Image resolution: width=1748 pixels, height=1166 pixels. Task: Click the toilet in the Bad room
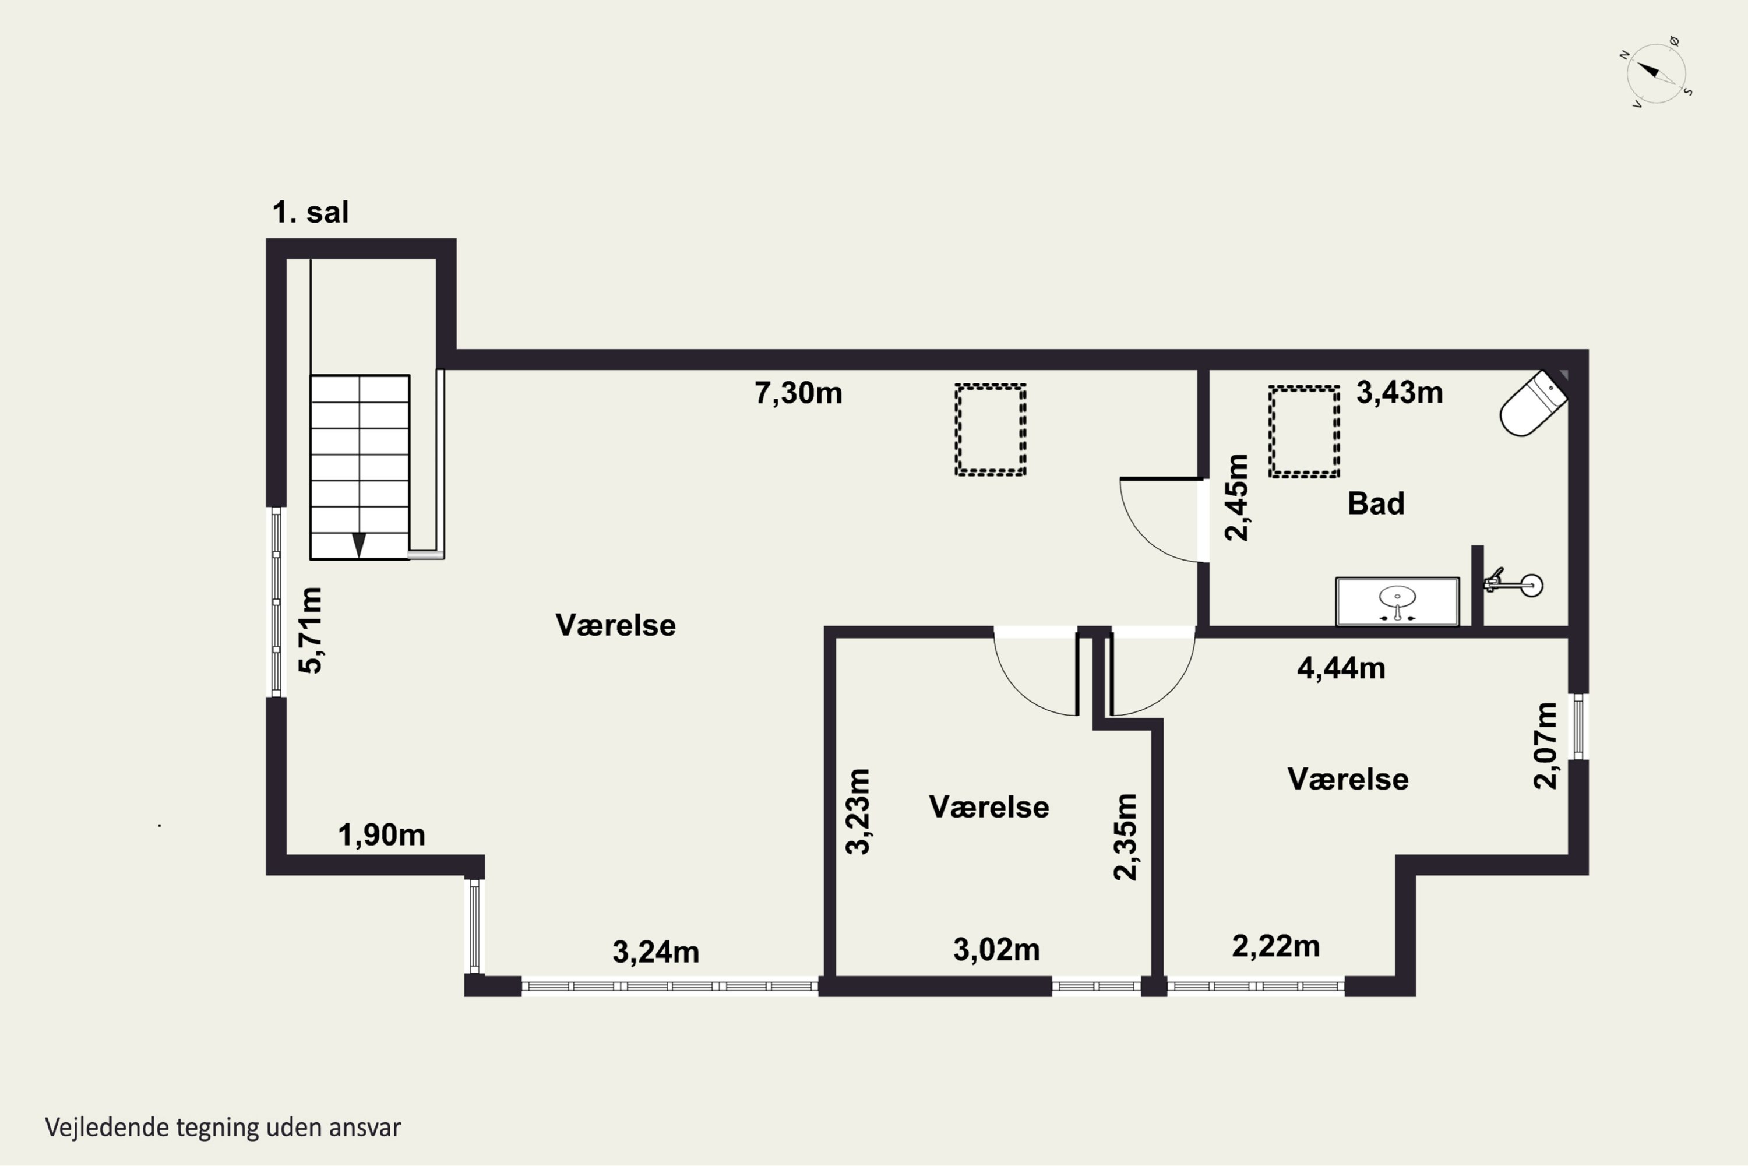1533,404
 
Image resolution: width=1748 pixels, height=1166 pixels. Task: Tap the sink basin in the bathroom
1397,601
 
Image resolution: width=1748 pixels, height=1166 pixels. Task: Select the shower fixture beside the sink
1514,584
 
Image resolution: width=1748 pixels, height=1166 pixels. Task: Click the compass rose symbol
1656,73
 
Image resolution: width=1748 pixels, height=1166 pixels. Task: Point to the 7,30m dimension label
798,393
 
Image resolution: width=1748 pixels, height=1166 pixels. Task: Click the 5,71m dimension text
311,630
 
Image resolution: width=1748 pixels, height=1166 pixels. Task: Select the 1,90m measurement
382,835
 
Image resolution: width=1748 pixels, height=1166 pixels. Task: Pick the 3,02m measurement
996,950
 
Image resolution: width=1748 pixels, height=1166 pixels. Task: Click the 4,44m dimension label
1341,668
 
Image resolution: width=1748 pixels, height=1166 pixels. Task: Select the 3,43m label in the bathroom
1400,392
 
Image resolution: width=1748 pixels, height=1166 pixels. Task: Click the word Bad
1376,503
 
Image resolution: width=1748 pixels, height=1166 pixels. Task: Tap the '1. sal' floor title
310,212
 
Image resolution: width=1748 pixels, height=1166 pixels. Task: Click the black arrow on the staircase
359,544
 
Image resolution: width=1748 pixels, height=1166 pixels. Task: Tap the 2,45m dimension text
1237,498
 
